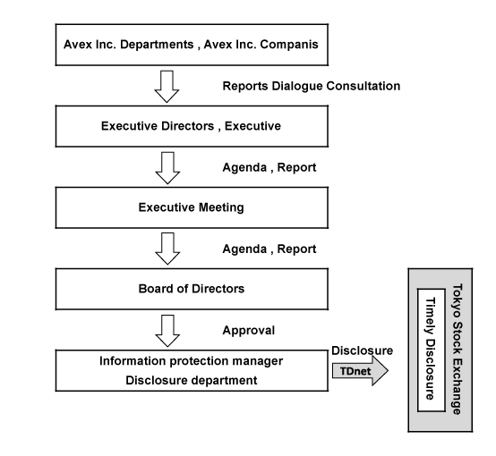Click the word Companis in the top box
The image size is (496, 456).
tap(289, 45)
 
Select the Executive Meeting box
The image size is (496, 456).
tap(192, 207)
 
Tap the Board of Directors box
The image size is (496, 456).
tap(192, 289)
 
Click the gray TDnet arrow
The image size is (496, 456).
tap(360, 371)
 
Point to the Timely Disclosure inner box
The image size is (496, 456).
tap(432, 350)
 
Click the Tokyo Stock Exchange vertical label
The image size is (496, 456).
tap(458, 350)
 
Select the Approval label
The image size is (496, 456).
tap(249, 331)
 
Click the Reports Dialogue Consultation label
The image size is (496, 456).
tap(312, 86)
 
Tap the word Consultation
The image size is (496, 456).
tap(363, 86)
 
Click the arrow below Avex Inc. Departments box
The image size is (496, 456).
tap(167, 86)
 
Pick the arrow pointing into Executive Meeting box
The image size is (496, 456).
tap(167, 168)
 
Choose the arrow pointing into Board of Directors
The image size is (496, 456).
tap(167, 249)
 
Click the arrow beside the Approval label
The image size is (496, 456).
tap(167, 331)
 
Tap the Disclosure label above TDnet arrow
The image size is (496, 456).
tap(363, 350)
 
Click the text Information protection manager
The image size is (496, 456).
tap(191, 361)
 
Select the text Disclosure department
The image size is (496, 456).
tap(192, 380)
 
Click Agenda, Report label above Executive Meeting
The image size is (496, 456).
tap(269, 167)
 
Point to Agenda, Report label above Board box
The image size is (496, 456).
tap(269, 249)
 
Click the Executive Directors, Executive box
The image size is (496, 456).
tap(192, 126)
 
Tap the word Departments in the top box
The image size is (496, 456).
tap(157, 45)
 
